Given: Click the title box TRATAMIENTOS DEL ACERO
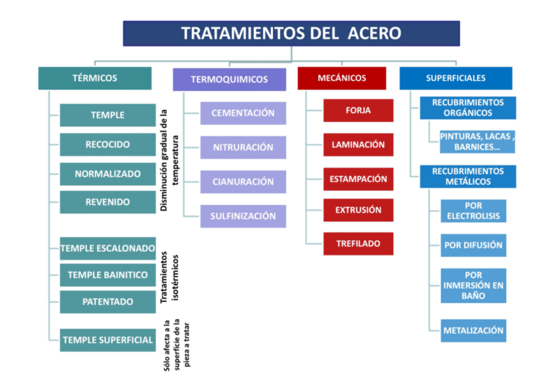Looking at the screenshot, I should click(x=291, y=33).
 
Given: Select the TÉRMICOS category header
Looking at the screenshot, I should click(x=95, y=78).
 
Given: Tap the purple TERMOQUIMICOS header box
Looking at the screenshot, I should click(x=229, y=79).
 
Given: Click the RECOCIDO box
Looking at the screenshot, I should click(x=108, y=145).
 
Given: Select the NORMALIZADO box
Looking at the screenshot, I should click(x=108, y=174).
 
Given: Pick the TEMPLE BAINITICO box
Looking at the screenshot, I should click(x=108, y=275).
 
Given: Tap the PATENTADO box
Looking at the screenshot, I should click(x=108, y=302).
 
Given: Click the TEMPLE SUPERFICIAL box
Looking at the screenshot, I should click(x=108, y=340).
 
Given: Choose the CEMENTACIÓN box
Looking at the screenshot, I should click(x=243, y=113).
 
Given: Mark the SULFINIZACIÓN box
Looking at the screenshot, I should click(x=243, y=216).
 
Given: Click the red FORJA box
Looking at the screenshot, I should click(x=358, y=111).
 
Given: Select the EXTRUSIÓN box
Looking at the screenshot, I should click(x=358, y=210).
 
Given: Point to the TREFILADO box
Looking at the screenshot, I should click(x=358, y=243).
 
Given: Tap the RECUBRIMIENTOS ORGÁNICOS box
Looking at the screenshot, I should click(x=468, y=108).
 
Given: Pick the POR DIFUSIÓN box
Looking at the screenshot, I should click(x=473, y=245).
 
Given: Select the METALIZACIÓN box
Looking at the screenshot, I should click(x=473, y=330).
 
